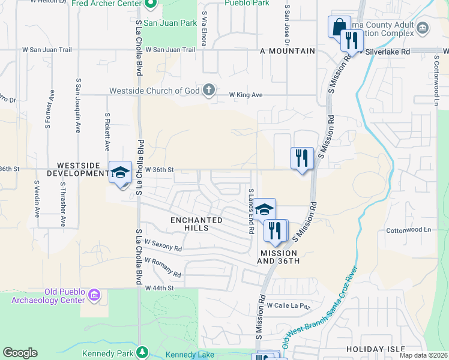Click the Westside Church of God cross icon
tap(209, 91)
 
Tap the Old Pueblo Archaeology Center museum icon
tap(94, 295)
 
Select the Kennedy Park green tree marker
tap(142, 352)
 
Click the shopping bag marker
tap(339, 27)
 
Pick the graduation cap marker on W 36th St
tap(120, 172)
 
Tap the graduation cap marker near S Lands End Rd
tap(264, 209)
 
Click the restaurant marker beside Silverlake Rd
tap(352, 40)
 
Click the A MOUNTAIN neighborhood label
tap(288, 51)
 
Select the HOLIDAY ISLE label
tap(375, 349)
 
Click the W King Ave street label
tap(246, 95)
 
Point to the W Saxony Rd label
tap(163, 246)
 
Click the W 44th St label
tap(159, 288)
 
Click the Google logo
tap(20, 353)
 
